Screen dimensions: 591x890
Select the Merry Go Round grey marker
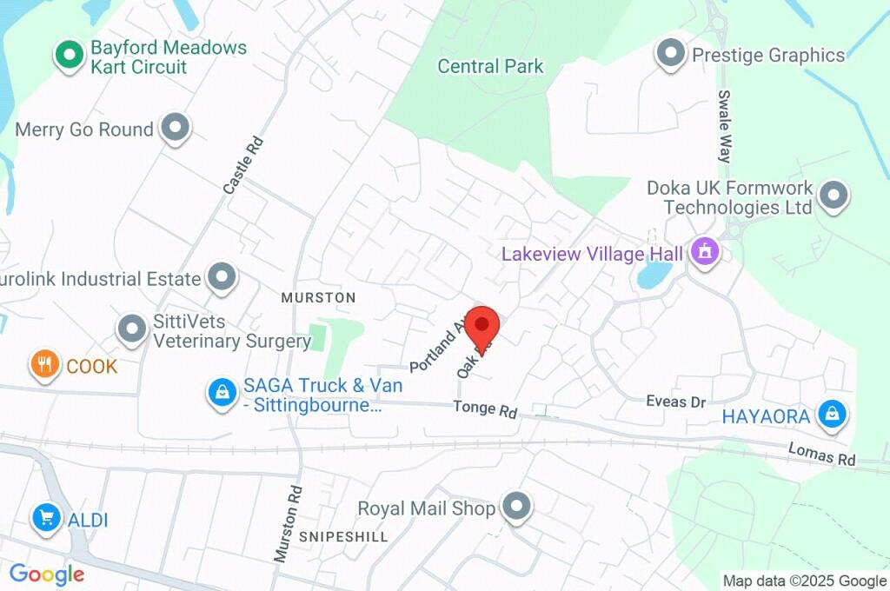click(x=176, y=129)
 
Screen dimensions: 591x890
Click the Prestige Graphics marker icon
click(x=671, y=55)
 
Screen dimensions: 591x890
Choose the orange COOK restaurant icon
click(x=44, y=365)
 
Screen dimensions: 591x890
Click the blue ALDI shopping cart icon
click(x=44, y=520)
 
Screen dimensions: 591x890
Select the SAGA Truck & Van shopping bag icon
click(x=222, y=393)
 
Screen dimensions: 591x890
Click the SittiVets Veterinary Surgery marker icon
click(x=132, y=329)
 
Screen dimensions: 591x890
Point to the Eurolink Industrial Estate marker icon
click(x=222, y=278)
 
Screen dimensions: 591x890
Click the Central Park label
click(x=490, y=66)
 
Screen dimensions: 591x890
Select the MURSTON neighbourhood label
click(x=318, y=297)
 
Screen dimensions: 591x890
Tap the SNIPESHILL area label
click(x=343, y=536)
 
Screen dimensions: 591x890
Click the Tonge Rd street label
click(x=485, y=408)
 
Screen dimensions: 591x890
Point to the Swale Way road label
click(x=724, y=127)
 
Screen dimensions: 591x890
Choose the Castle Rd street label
click(x=242, y=164)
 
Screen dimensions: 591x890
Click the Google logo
click(x=47, y=574)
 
